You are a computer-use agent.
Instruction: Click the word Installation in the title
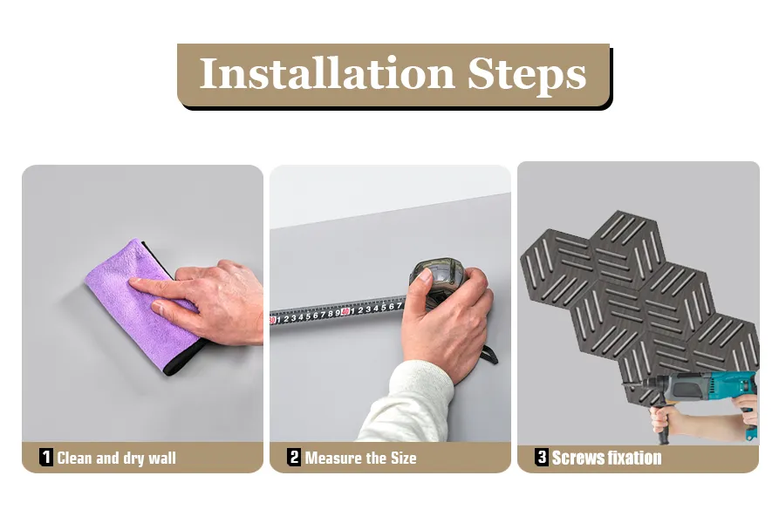click(x=326, y=73)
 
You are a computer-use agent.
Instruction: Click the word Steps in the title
click(x=527, y=76)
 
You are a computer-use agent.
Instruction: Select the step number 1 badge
click(x=46, y=457)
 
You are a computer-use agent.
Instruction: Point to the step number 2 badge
click(x=294, y=457)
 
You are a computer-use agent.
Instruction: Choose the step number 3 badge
click(x=542, y=457)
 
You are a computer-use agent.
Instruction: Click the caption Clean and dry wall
click(x=116, y=458)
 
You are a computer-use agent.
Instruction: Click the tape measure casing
click(x=437, y=278)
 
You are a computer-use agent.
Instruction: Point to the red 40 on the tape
click(x=345, y=311)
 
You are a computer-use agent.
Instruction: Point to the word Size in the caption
click(x=403, y=458)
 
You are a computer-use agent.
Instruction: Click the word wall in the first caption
click(x=162, y=458)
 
